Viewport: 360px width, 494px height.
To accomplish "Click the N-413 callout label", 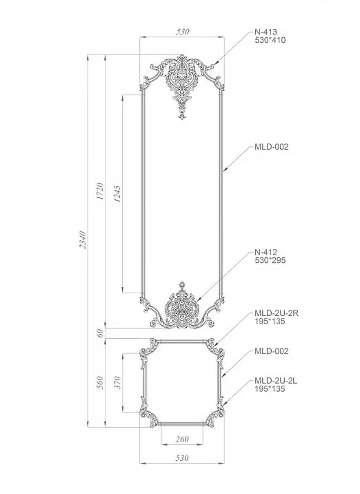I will pos(266,32).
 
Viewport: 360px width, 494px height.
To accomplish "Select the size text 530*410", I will pos(270,41).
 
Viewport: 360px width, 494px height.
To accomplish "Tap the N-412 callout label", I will pos(266,252).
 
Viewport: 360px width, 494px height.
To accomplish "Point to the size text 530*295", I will pos(270,261).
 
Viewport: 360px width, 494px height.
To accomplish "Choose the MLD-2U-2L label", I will pos(275,380).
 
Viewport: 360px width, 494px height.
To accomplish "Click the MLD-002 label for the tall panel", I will pos(271,147).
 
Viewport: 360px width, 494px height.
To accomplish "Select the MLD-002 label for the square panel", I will pos(271,351).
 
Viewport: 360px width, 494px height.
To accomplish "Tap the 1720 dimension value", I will pos(100,191).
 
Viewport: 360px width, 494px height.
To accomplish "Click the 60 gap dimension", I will pos(101,333).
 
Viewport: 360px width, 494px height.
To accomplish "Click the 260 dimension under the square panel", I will pos(182,439).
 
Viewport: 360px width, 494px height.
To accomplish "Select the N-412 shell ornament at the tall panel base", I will pos(182,307).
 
